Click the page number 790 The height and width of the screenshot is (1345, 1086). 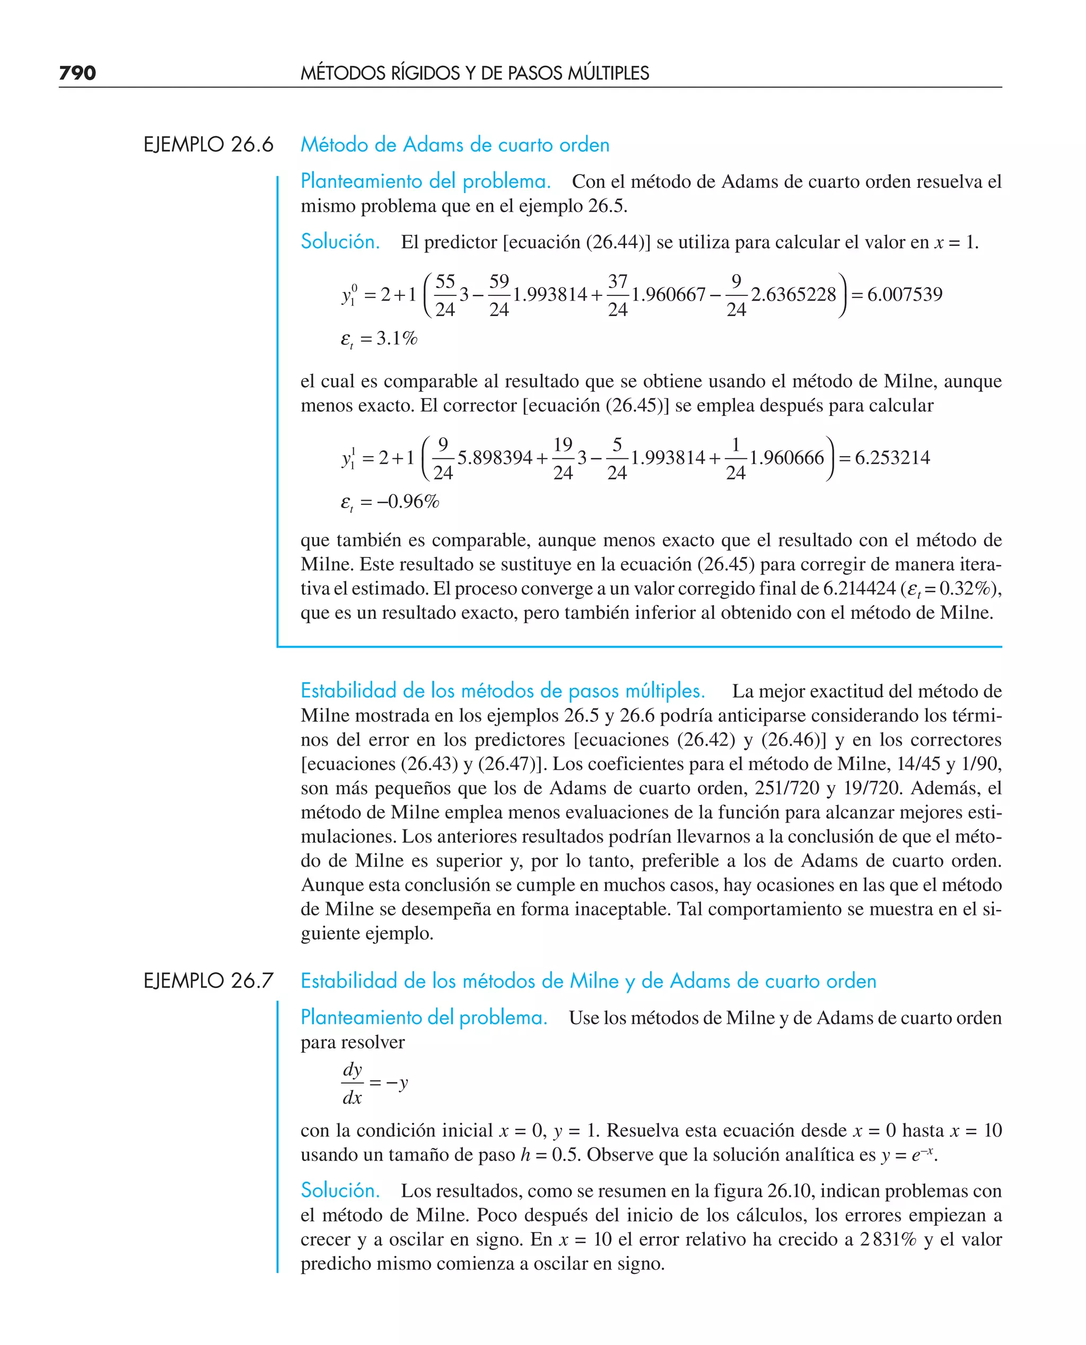(x=77, y=73)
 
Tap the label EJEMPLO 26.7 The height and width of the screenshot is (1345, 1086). (x=208, y=980)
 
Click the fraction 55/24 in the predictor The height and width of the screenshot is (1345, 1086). (x=445, y=295)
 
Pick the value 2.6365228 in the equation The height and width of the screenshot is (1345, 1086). (x=793, y=294)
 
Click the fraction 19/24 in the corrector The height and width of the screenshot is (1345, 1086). (x=563, y=458)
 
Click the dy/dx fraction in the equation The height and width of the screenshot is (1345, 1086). (x=352, y=1083)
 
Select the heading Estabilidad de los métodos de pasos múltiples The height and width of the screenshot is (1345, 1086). (x=502, y=691)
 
